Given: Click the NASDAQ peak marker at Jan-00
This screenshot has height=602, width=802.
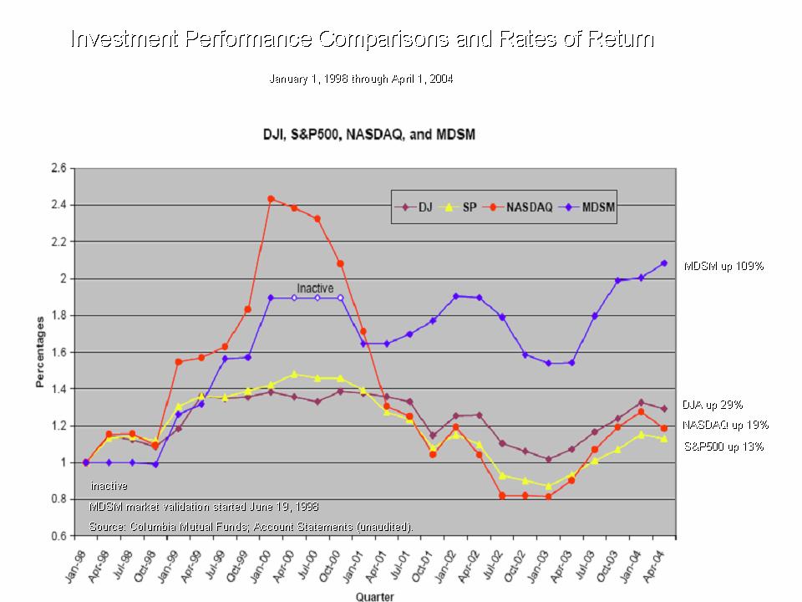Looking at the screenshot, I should coord(271,199).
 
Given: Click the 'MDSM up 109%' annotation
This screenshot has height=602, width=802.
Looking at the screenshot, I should coord(723,266).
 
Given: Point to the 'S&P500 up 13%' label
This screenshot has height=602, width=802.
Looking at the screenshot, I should coord(723,446).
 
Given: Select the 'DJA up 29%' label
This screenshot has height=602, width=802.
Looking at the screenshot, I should coord(712,404).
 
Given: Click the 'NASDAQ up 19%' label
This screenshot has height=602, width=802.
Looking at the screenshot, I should coord(723,425).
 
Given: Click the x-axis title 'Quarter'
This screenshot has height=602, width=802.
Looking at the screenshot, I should coord(375,596).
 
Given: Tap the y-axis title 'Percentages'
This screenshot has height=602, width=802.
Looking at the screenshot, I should coord(39,352).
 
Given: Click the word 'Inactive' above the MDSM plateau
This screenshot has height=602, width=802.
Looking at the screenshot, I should coord(315,288).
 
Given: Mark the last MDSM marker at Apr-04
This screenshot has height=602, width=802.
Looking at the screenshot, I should coord(664,263).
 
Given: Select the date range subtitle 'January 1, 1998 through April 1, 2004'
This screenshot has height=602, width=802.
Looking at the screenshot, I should coord(362,79).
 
